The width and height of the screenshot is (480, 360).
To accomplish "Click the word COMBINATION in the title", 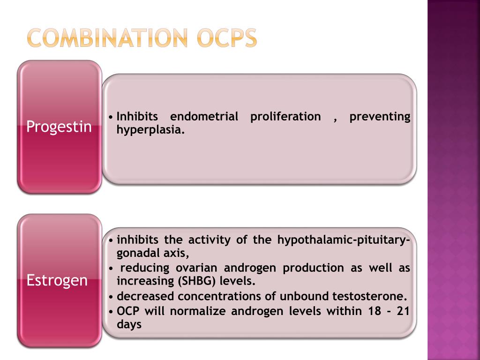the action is pyautogui.click(x=107, y=38).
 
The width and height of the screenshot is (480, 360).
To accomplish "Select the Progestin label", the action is pyautogui.click(x=59, y=127).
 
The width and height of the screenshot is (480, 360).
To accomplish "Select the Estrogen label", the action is pyautogui.click(x=57, y=280).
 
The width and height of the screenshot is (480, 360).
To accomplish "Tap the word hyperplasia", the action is pyautogui.click(x=150, y=130).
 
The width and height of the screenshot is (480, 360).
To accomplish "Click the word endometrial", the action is pyautogui.click(x=204, y=116).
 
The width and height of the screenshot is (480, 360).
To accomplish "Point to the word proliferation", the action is pyautogui.click(x=285, y=116).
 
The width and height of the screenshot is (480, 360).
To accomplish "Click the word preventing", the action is pyautogui.click(x=380, y=116).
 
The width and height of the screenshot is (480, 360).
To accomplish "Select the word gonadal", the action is pyautogui.click(x=135, y=254).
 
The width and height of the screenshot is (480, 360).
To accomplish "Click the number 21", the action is pyautogui.click(x=403, y=310).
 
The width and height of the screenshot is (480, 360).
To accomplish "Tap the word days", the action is pyautogui.click(x=129, y=324).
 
